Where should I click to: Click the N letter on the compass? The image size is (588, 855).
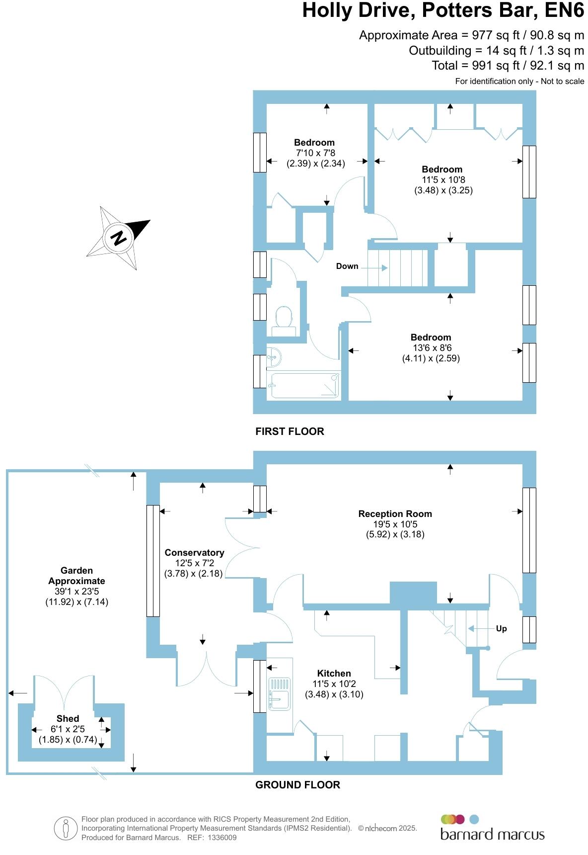point(118,238)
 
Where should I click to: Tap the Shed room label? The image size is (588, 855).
point(68,718)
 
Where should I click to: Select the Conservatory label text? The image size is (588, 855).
point(194,552)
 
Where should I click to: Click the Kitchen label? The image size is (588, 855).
point(334,673)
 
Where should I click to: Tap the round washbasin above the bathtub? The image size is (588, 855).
point(274,356)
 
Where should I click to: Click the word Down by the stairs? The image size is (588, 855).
point(347,266)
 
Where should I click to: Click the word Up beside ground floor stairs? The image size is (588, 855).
point(501,628)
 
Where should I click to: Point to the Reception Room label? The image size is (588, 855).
point(395,513)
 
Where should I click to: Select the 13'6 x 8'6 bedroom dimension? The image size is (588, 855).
point(431,348)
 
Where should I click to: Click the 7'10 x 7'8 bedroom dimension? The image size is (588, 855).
point(315,153)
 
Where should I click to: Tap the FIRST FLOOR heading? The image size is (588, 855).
point(290,431)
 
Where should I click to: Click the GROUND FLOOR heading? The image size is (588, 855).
point(297,785)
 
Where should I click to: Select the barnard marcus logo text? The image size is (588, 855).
point(492,834)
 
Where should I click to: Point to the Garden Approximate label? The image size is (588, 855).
point(76,576)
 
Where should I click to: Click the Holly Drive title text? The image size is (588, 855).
point(443,11)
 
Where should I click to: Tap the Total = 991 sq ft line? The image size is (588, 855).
point(508,66)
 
